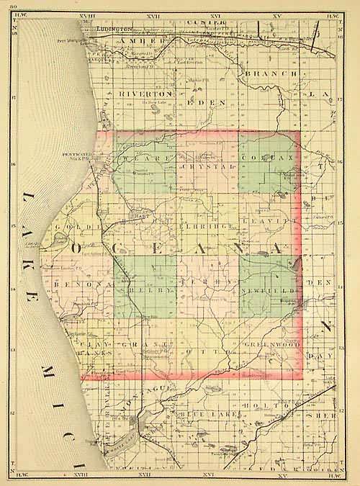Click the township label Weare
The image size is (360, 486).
point(138,156)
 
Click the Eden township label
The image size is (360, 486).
point(204,103)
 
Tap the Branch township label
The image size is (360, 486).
point(269,73)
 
